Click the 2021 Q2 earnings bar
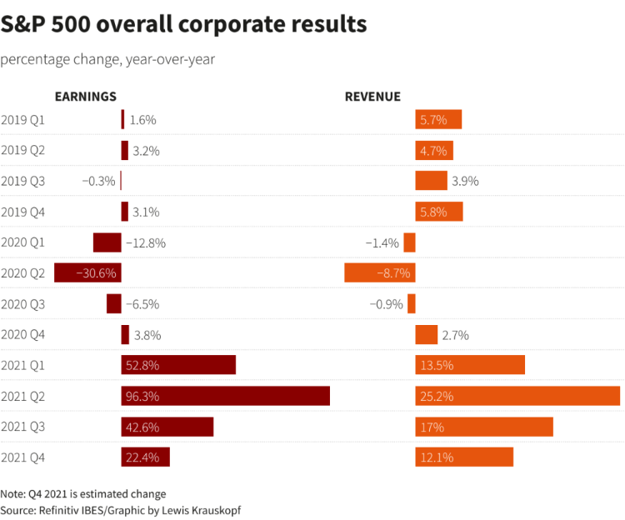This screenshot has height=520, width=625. pyautogui.click(x=226, y=396)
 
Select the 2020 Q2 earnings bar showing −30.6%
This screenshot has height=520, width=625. pyautogui.click(x=87, y=272)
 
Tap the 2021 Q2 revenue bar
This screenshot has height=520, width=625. pyautogui.click(x=517, y=396)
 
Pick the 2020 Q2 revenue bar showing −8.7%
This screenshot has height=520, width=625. pyautogui.click(x=380, y=272)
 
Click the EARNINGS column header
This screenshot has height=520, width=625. pyautogui.click(x=85, y=97)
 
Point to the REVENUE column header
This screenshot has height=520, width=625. pyautogui.click(x=372, y=97)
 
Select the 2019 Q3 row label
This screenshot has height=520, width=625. pyautogui.click(x=23, y=181)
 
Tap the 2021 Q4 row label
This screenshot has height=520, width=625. pyautogui.click(x=23, y=457)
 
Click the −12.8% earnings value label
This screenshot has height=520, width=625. pyautogui.click(x=146, y=242)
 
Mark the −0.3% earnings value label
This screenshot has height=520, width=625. pyautogui.click(x=99, y=181)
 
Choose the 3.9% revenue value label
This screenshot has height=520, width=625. pyautogui.click(x=465, y=181)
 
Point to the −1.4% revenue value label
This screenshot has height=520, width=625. pyautogui.click(x=382, y=242)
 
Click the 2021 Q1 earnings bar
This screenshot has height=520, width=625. pyautogui.click(x=178, y=365)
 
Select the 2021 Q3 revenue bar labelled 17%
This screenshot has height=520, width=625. pyautogui.click(x=484, y=427)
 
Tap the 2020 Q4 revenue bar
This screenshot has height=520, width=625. pyautogui.click(x=427, y=334)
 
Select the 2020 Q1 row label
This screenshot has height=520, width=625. pyautogui.click(x=23, y=242)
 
